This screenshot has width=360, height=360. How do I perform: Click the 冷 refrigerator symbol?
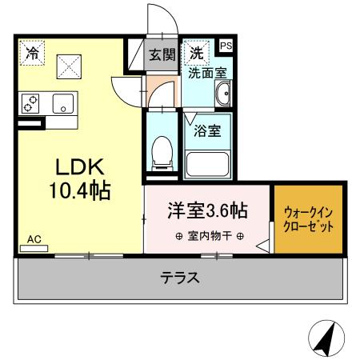[x=32, y=54]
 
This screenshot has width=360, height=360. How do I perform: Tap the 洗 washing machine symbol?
[x=196, y=54]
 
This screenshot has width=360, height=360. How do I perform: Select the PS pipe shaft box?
[x=226, y=46]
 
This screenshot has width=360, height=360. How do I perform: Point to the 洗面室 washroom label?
[x=207, y=73]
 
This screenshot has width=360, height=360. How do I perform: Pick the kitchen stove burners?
[x=31, y=104]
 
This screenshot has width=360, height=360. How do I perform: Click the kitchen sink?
[x=62, y=104]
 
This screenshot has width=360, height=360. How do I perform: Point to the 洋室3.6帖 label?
[x=206, y=212]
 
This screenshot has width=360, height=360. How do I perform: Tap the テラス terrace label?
[x=180, y=278]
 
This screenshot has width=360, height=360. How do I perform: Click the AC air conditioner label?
[x=34, y=239]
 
